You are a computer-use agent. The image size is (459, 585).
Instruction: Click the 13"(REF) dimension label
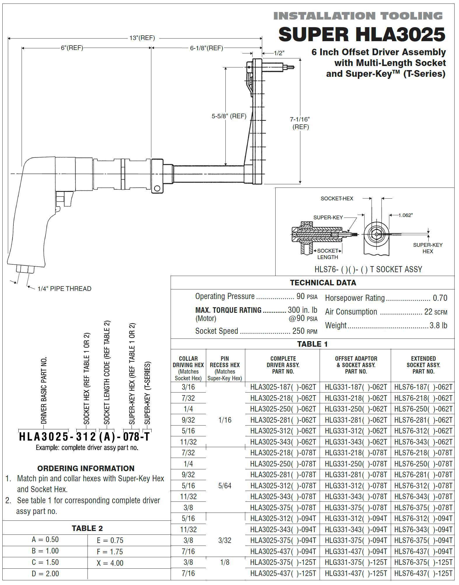(x=142, y=38)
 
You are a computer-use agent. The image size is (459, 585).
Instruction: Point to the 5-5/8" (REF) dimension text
(x=229, y=116)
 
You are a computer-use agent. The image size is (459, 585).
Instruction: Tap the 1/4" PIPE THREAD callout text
(x=64, y=289)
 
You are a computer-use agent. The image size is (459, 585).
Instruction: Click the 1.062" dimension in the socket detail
(x=405, y=215)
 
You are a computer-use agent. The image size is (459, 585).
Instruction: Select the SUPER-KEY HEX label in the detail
(x=428, y=248)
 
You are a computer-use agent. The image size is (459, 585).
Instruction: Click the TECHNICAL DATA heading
(x=323, y=283)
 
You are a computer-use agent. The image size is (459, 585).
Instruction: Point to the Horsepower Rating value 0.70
(x=440, y=298)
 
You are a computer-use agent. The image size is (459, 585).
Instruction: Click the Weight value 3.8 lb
(x=438, y=325)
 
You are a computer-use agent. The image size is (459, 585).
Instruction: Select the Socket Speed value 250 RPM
(x=304, y=331)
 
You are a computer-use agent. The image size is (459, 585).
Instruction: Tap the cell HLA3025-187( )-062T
(x=283, y=387)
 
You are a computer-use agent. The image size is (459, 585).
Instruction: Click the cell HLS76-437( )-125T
(x=423, y=573)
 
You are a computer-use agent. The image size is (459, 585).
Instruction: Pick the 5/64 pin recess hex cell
(x=225, y=486)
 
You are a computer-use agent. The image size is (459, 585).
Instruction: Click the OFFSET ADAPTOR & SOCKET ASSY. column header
(x=356, y=365)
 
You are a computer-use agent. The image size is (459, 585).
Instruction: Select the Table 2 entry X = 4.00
(x=110, y=563)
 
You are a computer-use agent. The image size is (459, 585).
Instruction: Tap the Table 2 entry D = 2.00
(x=45, y=574)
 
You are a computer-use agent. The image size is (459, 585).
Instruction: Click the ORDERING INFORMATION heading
(x=86, y=468)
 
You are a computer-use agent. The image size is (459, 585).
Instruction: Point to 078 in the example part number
(x=131, y=437)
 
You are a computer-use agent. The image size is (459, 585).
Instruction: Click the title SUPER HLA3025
(x=362, y=34)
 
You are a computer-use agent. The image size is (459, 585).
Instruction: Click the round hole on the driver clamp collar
(x=157, y=188)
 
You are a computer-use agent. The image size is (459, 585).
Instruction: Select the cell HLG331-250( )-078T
(x=356, y=464)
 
